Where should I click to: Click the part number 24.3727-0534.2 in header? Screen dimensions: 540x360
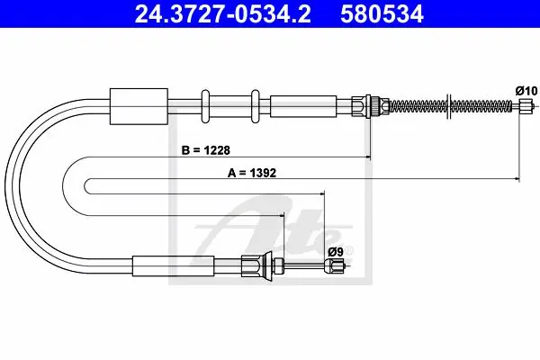(x=222, y=14)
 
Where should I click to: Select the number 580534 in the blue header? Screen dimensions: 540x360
(x=382, y=14)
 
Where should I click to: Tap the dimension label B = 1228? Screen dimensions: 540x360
(x=205, y=150)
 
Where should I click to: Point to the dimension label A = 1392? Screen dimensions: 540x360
(x=252, y=173)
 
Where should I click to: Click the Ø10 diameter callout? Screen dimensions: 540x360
(x=526, y=91)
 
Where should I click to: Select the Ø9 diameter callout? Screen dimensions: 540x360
(x=336, y=252)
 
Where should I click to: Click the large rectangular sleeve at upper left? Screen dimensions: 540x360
(x=139, y=106)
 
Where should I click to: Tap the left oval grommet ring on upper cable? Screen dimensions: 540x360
(x=205, y=106)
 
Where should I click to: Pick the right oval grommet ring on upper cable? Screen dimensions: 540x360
(x=256, y=106)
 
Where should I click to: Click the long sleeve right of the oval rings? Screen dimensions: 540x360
(x=303, y=106)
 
